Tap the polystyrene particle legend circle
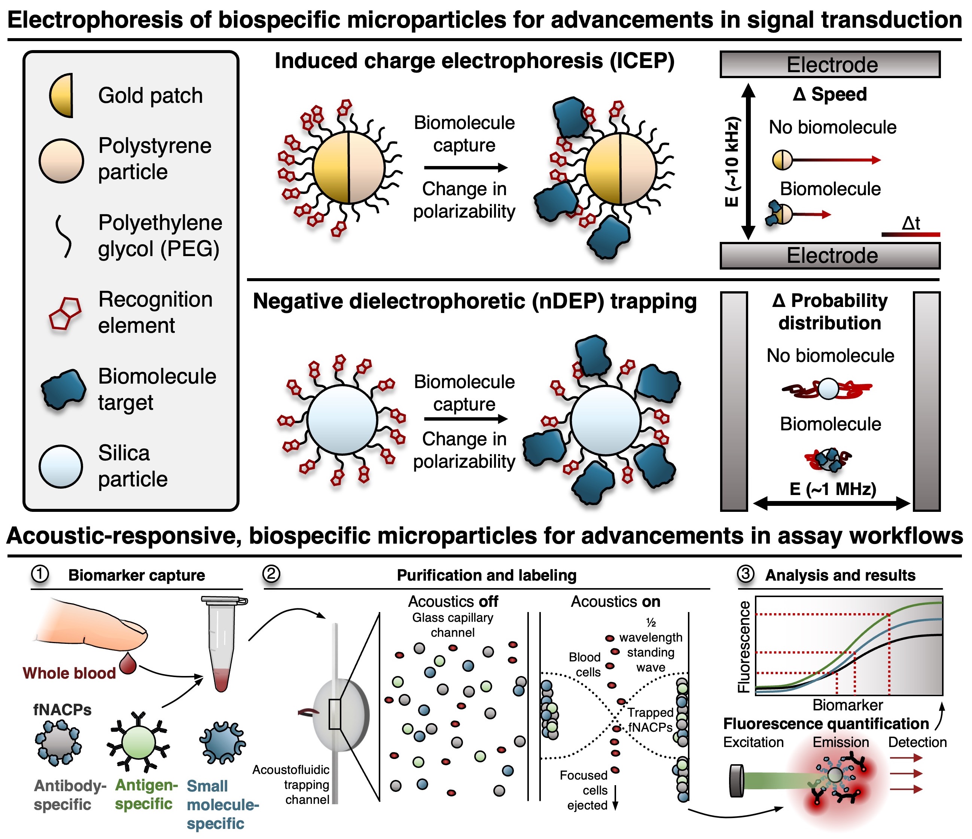point(61,160)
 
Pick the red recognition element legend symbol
point(65,313)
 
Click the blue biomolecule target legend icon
point(63,389)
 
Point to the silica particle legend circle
point(61,466)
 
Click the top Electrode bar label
point(832,65)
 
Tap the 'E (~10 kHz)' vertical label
point(732,162)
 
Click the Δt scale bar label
point(911,224)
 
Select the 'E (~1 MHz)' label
point(833,489)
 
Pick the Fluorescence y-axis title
point(744,647)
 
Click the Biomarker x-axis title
point(848,705)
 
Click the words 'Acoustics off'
point(453,601)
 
